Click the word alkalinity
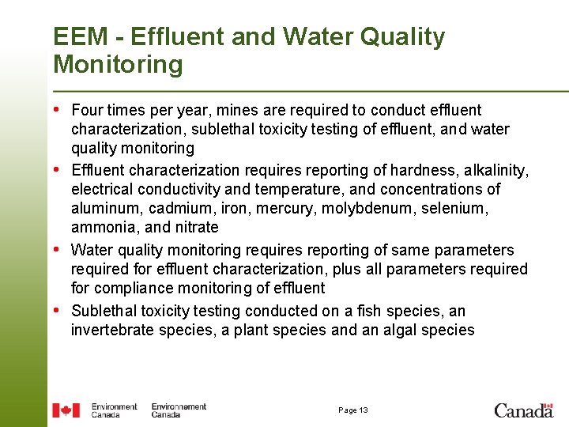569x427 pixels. [x=499, y=170]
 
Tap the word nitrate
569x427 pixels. [x=195, y=228]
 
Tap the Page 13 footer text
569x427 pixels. [x=352, y=410]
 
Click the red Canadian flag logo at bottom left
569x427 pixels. [x=66, y=410]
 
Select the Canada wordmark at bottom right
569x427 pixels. [x=523, y=410]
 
